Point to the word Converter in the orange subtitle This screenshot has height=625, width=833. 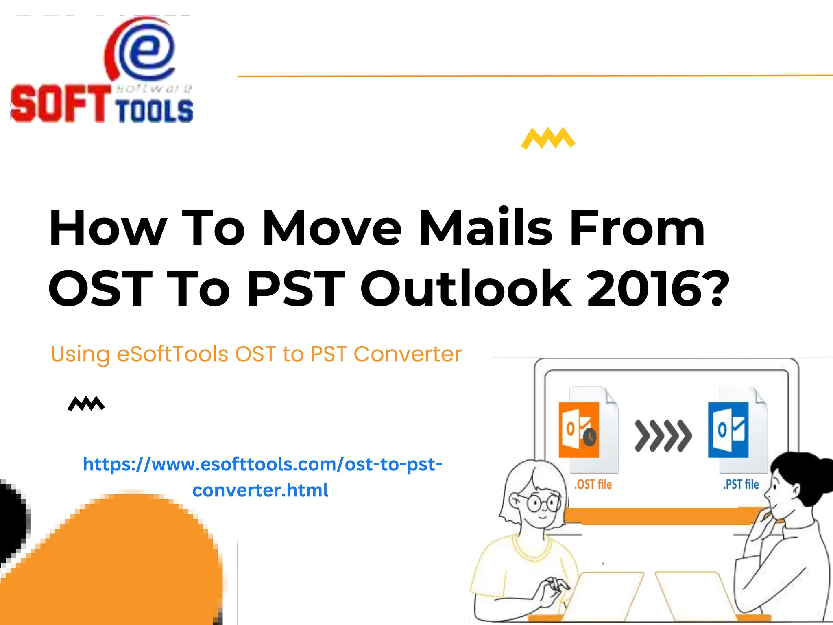[x=408, y=354]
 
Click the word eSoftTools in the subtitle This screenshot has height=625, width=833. [x=172, y=354]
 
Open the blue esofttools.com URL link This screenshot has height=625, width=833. [x=262, y=476]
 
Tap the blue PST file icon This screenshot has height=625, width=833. [x=728, y=430]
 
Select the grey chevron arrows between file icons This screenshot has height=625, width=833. [x=663, y=436]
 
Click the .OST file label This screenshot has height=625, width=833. [x=593, y=484]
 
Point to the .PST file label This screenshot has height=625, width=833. [x=741, y=484]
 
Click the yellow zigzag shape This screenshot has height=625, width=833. [x=548, y=138]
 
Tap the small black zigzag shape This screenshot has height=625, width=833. [x=86, y=404]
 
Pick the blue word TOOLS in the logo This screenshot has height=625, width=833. [x=154, y=111]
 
